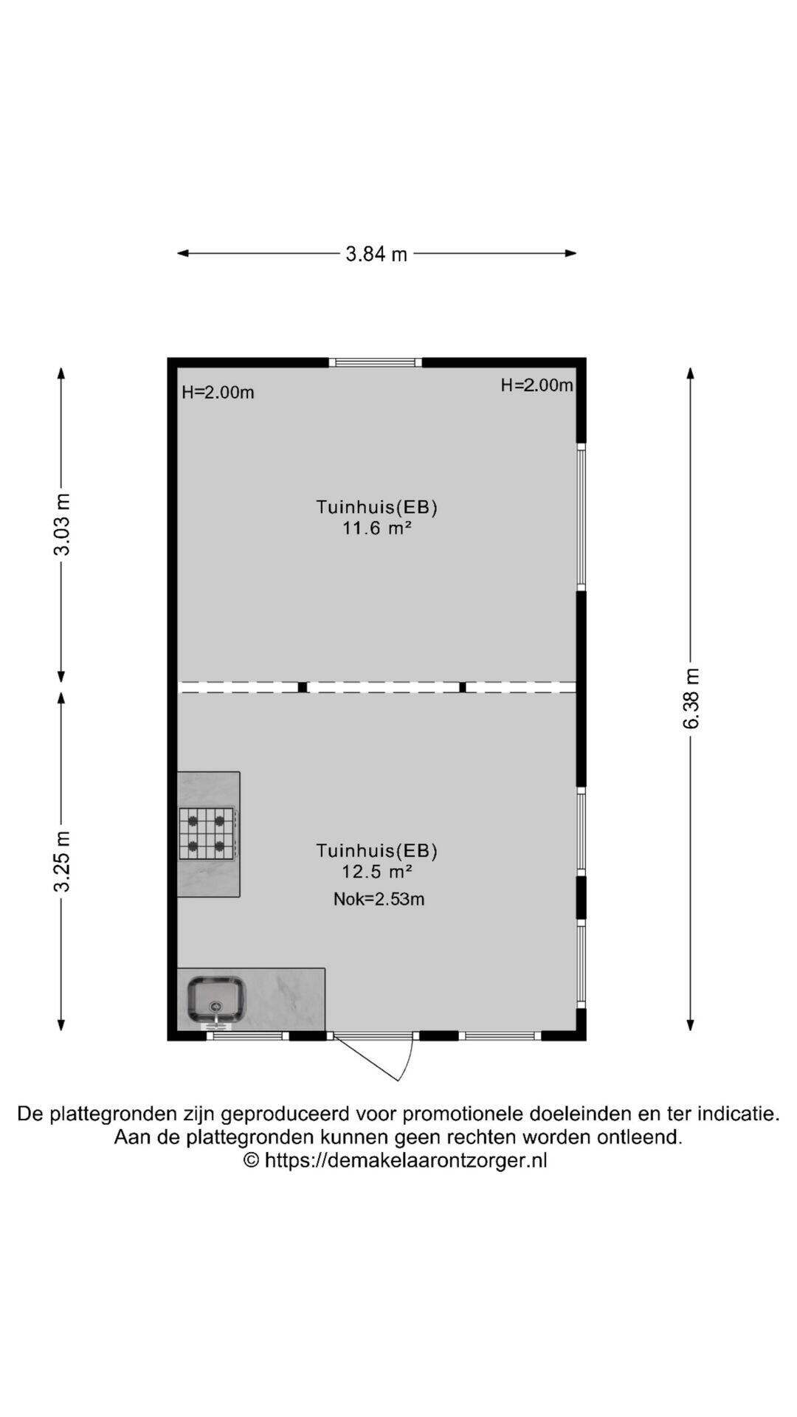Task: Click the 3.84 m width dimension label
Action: click(376, 254)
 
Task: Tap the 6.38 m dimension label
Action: click(691, 698)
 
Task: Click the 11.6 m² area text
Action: click(376, 528)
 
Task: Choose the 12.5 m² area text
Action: click(376, 872)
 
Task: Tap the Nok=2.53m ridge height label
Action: click(379, 899)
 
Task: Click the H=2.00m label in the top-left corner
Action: click(218, 393)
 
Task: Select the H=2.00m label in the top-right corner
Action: click(536, 385)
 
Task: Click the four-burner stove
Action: click(207, 833)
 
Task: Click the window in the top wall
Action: click(376, 362)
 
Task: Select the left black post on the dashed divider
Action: click(303, 687)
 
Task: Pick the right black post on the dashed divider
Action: click(463, 687)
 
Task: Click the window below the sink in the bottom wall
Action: click(247, 1036)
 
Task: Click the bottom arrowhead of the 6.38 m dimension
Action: click(691, 1025)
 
